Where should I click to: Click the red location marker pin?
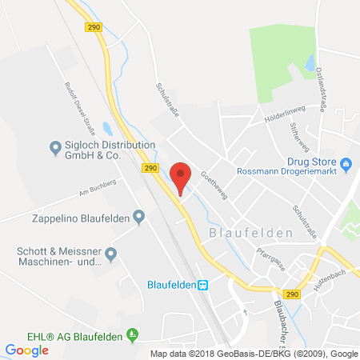pos(182,176)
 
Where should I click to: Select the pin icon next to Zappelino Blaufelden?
pos(139,215)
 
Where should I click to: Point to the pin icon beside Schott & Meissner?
pos(111,254)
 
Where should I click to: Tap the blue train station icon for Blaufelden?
pos(203,283)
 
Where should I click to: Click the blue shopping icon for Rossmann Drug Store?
pos(346,166)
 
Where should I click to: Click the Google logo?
pos(26,350)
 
